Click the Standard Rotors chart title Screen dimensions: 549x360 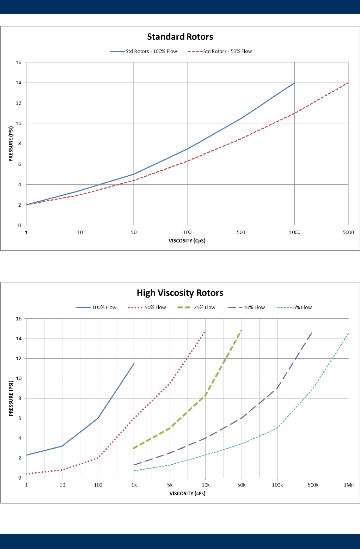[x=180, y=37]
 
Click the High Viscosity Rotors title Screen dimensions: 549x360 [x=180, y=293]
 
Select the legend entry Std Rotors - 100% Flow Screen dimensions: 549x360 [x=144, y=51]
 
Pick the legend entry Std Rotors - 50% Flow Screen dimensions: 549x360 [x=220, y=51]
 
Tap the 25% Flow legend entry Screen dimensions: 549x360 [x=200, y=307]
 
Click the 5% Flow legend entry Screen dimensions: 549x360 [x=295, y=307]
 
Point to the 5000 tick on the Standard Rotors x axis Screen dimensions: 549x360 [x=348, y=232]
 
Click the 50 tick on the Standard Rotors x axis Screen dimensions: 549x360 [x=134, y=232]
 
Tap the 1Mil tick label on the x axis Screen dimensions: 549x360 [x=349, y=485]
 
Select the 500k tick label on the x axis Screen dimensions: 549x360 [x=313, y=485]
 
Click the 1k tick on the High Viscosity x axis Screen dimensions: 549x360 [x=134, y=485]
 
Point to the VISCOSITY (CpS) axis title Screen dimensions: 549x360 [x=187, y=241]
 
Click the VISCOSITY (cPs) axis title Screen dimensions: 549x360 [x=187, y=493]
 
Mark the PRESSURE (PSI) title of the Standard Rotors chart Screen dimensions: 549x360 [x=11, y=144]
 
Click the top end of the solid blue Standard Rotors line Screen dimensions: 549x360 [x=294, y=83]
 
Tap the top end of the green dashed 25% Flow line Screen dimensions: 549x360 [x=241, y=331]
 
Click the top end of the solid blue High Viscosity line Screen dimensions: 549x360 [x=134, y=364]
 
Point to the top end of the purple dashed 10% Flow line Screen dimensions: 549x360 [x=312, y=332]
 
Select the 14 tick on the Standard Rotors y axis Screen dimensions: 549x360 [x=18, y=83]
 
